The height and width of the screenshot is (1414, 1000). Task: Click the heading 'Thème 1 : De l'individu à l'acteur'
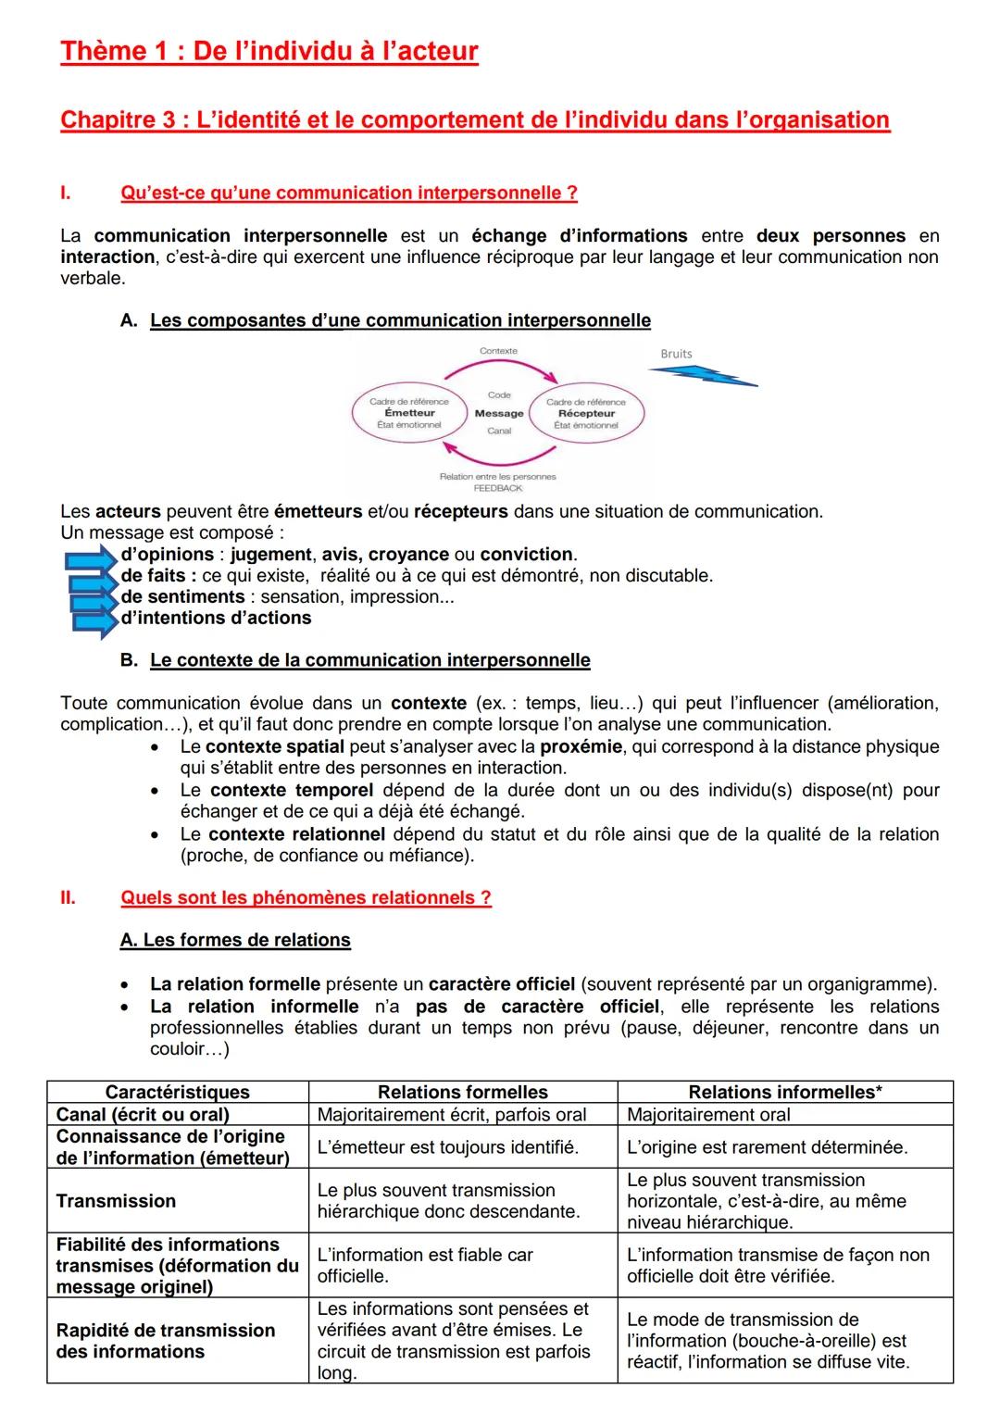coord(269,51)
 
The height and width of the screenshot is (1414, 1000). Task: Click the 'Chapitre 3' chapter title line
coord(474,120)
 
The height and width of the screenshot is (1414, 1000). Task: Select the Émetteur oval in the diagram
coord(409,413)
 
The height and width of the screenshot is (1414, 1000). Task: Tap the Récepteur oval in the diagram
coord(586,413)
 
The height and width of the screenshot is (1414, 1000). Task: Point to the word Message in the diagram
coord(499,413)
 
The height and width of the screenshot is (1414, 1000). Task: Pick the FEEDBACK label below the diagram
coord(498,488)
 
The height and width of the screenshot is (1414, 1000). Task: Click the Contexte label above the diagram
coord(498,351)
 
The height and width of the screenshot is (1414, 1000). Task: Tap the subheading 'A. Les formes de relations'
coord(235,940)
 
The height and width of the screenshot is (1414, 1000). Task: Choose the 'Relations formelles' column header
coord(462,1092)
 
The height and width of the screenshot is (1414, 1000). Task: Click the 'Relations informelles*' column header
coord(784,1092)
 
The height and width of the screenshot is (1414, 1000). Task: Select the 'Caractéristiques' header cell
coord(177,1092)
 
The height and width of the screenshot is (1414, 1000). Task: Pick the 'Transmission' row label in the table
coord(116,1201)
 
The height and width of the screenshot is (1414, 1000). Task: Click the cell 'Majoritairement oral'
coord(708,1115)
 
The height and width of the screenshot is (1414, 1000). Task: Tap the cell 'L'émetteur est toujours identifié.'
coord(447,1147)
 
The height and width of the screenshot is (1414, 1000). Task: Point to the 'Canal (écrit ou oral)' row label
coord(143,1115)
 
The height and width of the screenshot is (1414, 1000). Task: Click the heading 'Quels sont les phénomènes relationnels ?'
coord(306,897)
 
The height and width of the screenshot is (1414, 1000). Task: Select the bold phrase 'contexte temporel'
coord(292,790)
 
